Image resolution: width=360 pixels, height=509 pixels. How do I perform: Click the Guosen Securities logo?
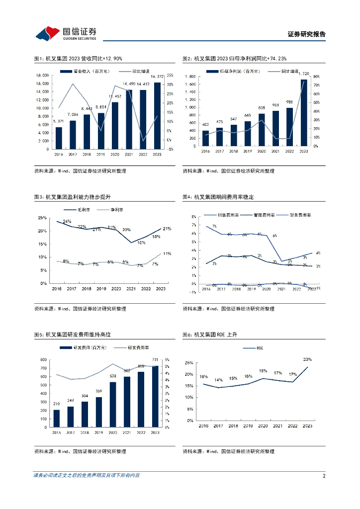(x=66, y=33)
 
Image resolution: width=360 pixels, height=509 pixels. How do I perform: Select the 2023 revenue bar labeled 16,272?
(x=158, y=116)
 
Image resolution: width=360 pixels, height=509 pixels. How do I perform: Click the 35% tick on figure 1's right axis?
(x=170, y=75)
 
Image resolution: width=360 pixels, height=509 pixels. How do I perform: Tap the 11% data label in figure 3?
(x=167, y=254)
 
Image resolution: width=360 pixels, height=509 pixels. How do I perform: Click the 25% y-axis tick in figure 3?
(x=43, y=218)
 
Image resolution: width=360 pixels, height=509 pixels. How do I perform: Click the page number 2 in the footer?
(x=324, y=476)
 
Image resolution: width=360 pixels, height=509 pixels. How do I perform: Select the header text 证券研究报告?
(x=307, y=34)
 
